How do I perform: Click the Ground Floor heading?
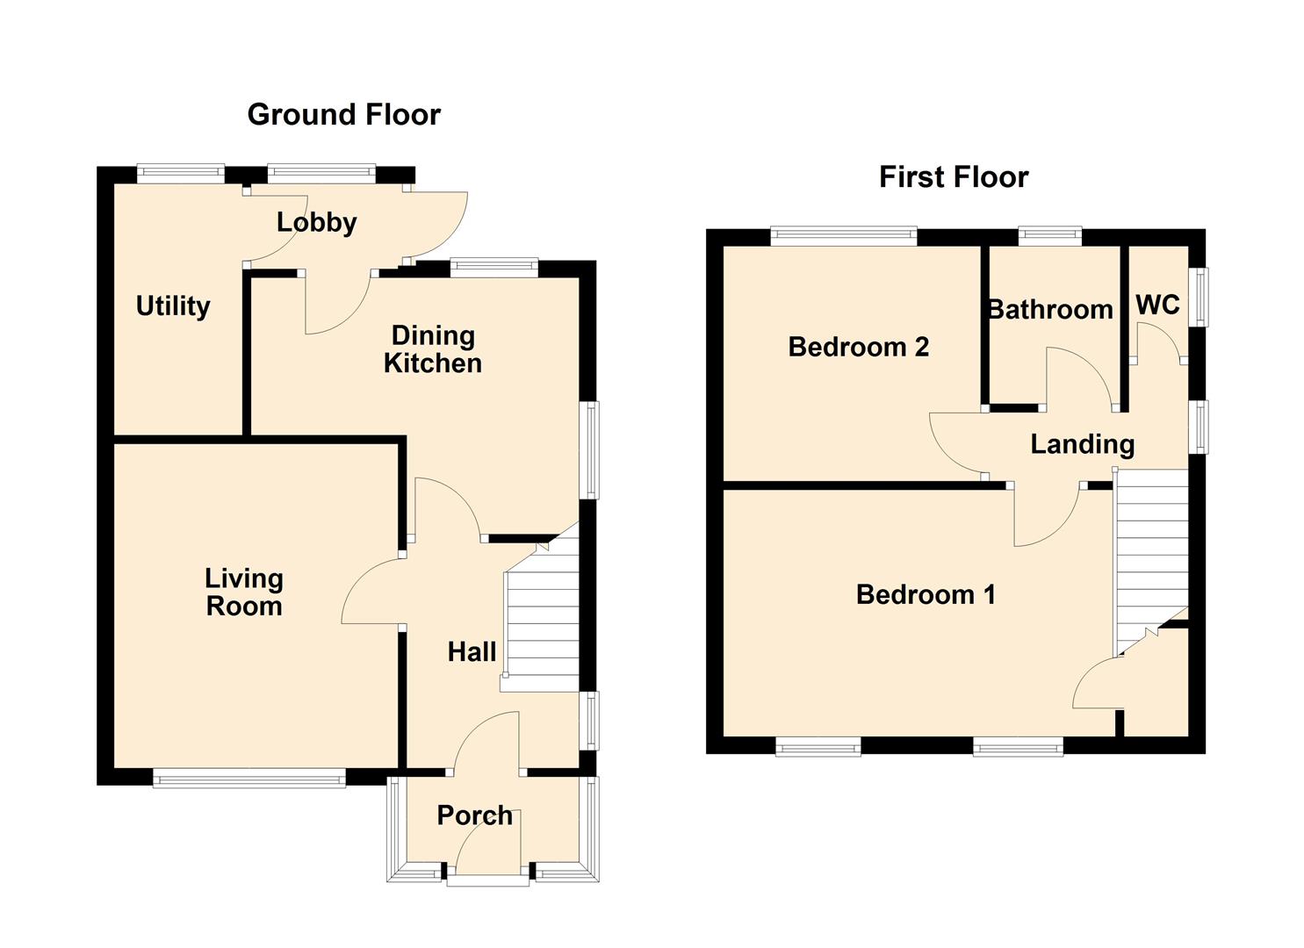point(343,114)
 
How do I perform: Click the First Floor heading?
point(953,177)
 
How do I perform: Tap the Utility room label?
point(173,305)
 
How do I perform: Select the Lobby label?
point(316,222)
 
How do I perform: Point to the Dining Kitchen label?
point(432,348)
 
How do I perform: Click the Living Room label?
point(244,592)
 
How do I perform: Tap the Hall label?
point(472,651)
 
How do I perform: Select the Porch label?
point(474,815)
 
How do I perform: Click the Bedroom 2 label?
point(858,347)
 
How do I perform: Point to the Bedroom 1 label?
point(926,594)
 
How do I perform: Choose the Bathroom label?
point(1050,309)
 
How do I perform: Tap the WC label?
point(1157,305)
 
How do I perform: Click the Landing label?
point(1082,444)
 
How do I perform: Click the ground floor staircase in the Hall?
point(541,623)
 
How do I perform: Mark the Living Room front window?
point(249,778)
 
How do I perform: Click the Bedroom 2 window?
point(844,235)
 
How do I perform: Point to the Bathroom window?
point(1049,235)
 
